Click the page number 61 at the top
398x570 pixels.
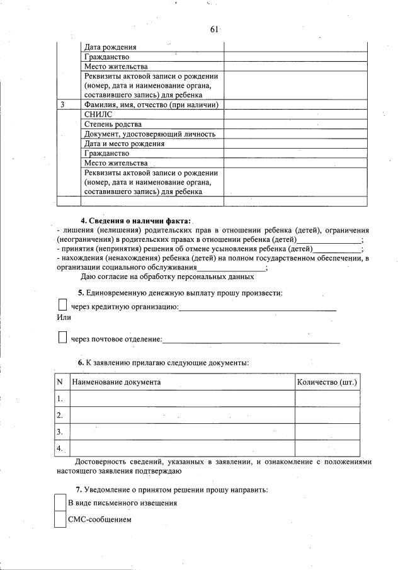pyautogui.click(x=214, y=30)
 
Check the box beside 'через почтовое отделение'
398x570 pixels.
pyautogui.click(x=62, y=338)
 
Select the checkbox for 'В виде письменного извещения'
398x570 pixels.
pyautogui.click(x=60, y=503)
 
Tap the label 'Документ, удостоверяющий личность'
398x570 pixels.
pyautogui.click(x=150, y=134)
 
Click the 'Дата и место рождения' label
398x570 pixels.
pyautogui.click(x=125, y=144)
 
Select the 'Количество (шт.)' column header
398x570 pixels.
pyautogui.click(x=326, y=382)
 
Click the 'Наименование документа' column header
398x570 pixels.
pyautogui.click(x=117, y=382)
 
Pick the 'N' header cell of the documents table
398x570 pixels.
pyautogui.click(x=60, y=382)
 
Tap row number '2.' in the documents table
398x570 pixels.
pyautogui.click(x=60, y=415)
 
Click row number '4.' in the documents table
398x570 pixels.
pyautogui.click(x=60, y=448)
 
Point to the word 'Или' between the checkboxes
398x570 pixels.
pyautogui.click(x=64, y=317)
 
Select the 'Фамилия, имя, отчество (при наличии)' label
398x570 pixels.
pyautogui.click(x=151, y=105)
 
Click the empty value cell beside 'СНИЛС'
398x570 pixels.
pyautogui.click(x=295, y=115)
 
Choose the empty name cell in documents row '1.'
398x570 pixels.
pyautogui.click(x=181, y=399)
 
